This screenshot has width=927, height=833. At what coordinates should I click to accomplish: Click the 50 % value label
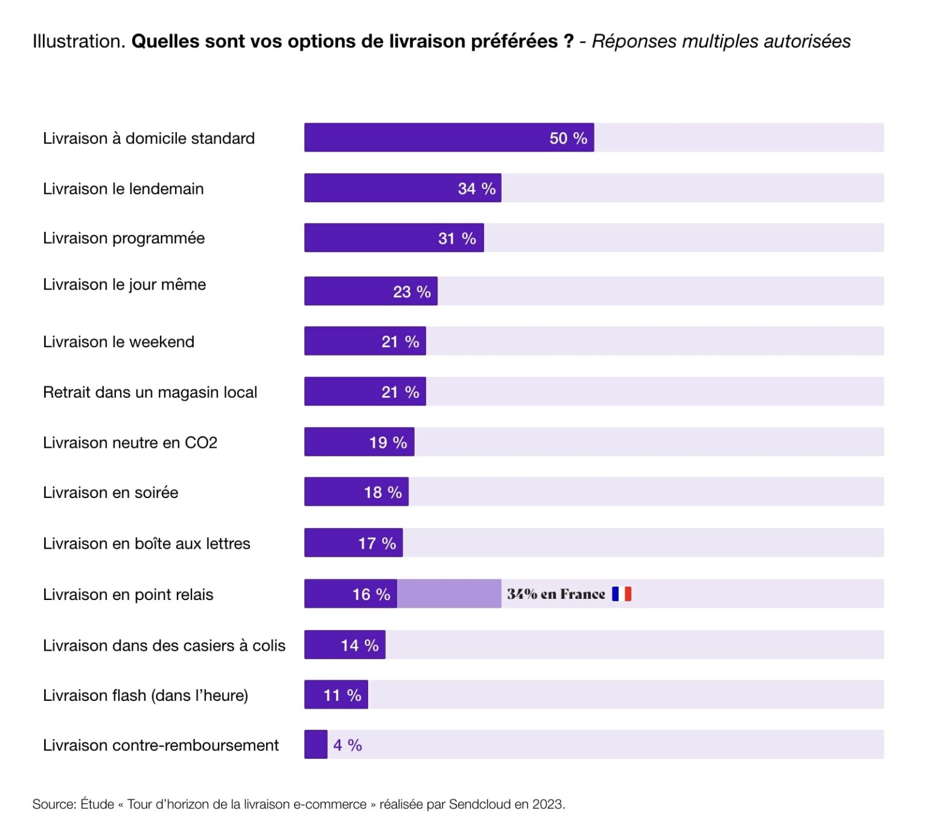tap(568, 138)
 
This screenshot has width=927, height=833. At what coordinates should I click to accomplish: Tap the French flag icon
tap(621, 594)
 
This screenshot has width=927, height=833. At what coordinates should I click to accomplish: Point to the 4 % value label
tap(348, 745)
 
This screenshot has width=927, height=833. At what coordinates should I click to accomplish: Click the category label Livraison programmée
tap(124, 238)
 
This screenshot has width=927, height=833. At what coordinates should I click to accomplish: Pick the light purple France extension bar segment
tap(448, 594)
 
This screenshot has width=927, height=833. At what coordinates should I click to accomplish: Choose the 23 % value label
tap(412, 292)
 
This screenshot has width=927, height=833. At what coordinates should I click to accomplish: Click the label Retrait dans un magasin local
tap(150, 392)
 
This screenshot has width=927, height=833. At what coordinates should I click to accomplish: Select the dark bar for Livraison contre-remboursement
tap(316, 745)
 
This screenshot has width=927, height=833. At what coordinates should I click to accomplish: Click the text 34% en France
tap(555, 595)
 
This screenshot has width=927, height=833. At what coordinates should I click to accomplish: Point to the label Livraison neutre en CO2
tap(130, 443)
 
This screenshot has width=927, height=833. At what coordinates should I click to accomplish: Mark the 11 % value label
tap(342, 695)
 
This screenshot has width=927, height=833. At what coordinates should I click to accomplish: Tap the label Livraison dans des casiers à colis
tap(164, 646)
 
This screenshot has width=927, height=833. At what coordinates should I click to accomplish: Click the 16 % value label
tap(371, 595)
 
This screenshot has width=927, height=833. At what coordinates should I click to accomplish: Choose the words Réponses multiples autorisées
tap(721, 41)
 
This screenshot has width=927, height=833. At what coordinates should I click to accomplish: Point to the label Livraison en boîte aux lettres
tap(146, 544)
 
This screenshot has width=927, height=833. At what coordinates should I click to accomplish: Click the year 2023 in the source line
tap(547, 805)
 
